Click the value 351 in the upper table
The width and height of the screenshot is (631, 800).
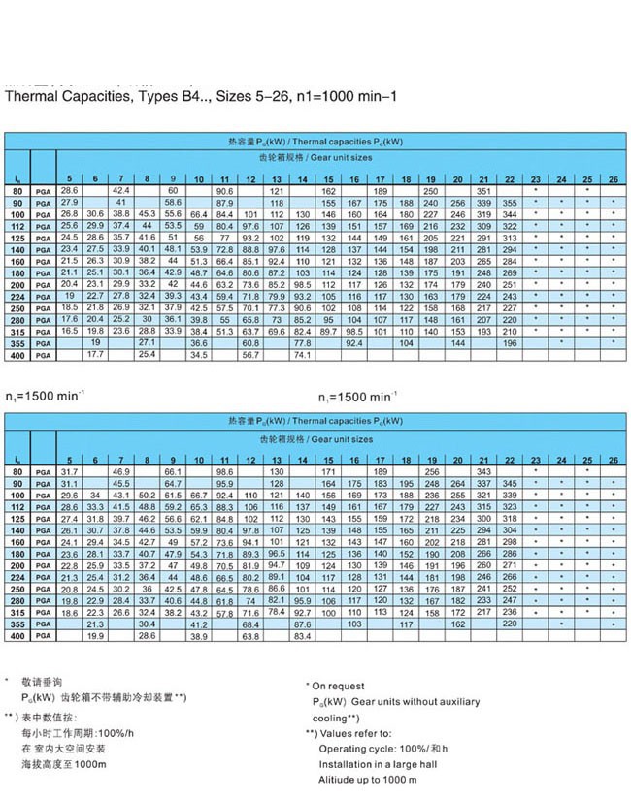[x=482, y=192]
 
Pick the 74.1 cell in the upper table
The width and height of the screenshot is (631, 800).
[x=303, y=354]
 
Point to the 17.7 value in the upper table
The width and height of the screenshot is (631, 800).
[x=95, y=354]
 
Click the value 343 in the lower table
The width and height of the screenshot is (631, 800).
[x=482, y=471]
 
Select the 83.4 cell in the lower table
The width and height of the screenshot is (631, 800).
[x=303, y=636]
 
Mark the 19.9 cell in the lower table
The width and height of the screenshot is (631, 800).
[x=95, y=636]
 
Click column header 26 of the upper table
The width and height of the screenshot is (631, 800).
[x=613, y=179]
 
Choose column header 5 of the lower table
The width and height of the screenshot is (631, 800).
[x=68, y=458]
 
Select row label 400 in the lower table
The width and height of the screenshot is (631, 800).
[x=17, y=636]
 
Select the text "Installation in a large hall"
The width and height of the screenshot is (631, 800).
[x=382, y=763]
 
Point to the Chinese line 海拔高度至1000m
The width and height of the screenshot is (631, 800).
[x=63, y=765]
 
